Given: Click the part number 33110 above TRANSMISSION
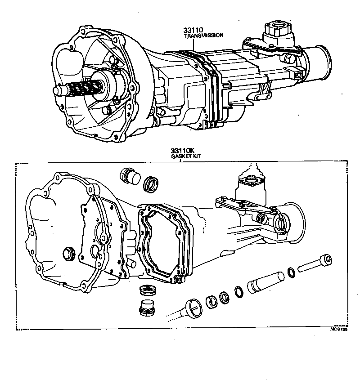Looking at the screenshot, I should pyautogui.click(x=193, y=30).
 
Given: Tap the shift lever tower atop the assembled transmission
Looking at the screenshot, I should pyautogui.click(x=276, y=33).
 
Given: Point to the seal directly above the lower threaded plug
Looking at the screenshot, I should pyautogui.click(x=145, y=290).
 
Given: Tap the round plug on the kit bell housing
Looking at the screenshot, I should pyautogui.click(x=69, y=253).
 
